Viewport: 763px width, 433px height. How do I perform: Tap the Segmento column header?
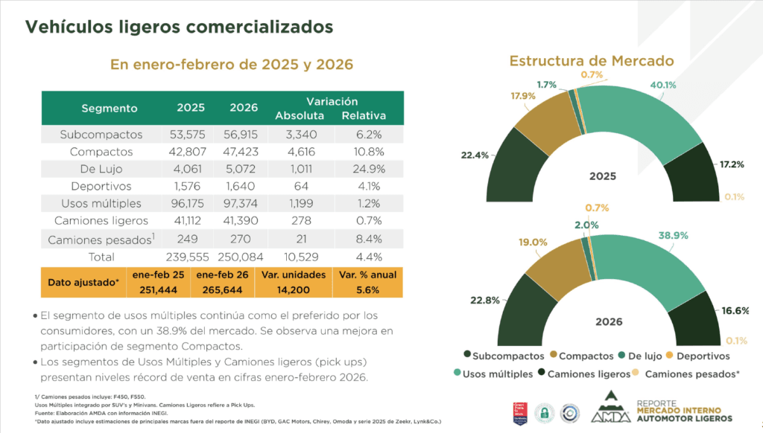(110, 108)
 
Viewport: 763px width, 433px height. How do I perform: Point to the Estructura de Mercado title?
(591, 60)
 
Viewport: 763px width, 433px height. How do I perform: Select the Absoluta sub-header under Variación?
(300, 116)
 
